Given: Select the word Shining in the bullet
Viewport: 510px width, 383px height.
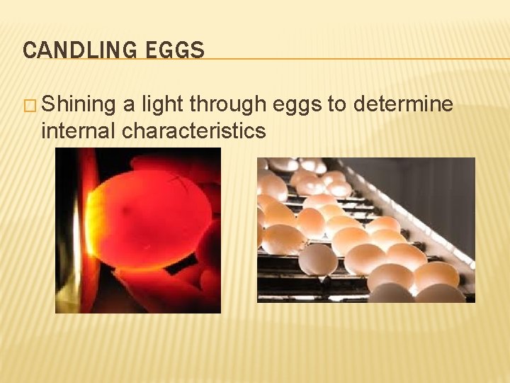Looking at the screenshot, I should [x=78, y=105].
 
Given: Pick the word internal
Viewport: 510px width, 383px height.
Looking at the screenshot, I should [x=78, y=131].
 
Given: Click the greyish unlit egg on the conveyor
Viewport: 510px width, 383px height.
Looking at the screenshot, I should [x=319, y=260].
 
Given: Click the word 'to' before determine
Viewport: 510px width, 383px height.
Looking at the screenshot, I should [x=335, y=105].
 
